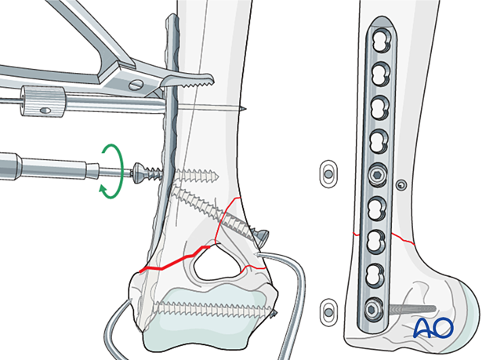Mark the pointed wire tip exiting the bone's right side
tap(245, 109)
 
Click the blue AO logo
tap(433, 327)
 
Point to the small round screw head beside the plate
tap(401, 184)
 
